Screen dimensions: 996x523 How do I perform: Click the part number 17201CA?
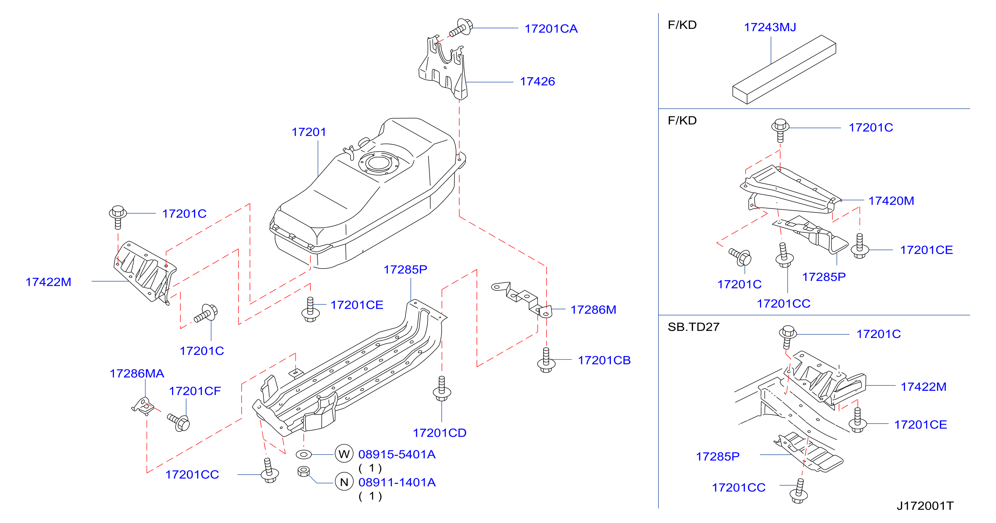pos(551,29)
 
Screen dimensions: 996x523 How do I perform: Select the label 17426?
pos(537,81)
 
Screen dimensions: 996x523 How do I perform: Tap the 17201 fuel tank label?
pos(309,132)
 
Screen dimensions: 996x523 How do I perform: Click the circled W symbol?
pos(344,454)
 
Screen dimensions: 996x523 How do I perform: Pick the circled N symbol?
pos(344,482)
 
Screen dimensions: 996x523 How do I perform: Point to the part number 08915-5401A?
pos(397,454)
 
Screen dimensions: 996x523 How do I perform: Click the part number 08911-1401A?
pos(397,482)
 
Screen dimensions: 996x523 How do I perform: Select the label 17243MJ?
pos(770,27)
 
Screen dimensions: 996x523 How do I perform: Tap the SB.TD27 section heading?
pos(693,327)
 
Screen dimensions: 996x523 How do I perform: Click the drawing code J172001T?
pos(925,506)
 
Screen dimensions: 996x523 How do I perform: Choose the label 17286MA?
pos(137,374)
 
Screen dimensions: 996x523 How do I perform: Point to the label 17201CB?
pos(604,361)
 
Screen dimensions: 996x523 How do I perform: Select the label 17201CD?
pos(439,433)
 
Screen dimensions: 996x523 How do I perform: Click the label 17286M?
pos(593,310)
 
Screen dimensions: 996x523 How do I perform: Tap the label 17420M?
pos(891,201)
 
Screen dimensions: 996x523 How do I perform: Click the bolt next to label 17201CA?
pos(461,27)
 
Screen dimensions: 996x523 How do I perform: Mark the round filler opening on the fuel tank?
pos(379,162)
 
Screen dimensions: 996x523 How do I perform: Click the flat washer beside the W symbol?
pos(304,454)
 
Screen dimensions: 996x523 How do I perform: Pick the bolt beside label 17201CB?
pos(546,361)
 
